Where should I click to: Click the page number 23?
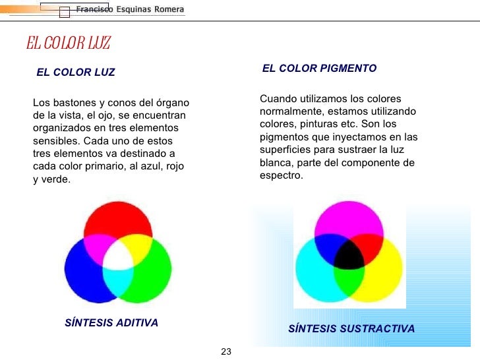tap(226, 351)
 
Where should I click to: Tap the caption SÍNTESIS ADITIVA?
tap(111, 323)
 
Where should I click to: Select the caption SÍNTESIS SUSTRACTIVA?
tap(351, 328)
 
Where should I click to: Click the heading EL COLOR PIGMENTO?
tap(319, 68)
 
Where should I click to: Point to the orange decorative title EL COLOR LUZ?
tap(68, 44)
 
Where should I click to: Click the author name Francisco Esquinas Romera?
tap(130, 10)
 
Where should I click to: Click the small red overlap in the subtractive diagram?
tap(369, 245)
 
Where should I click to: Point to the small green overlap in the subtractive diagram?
tap(347, 280)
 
